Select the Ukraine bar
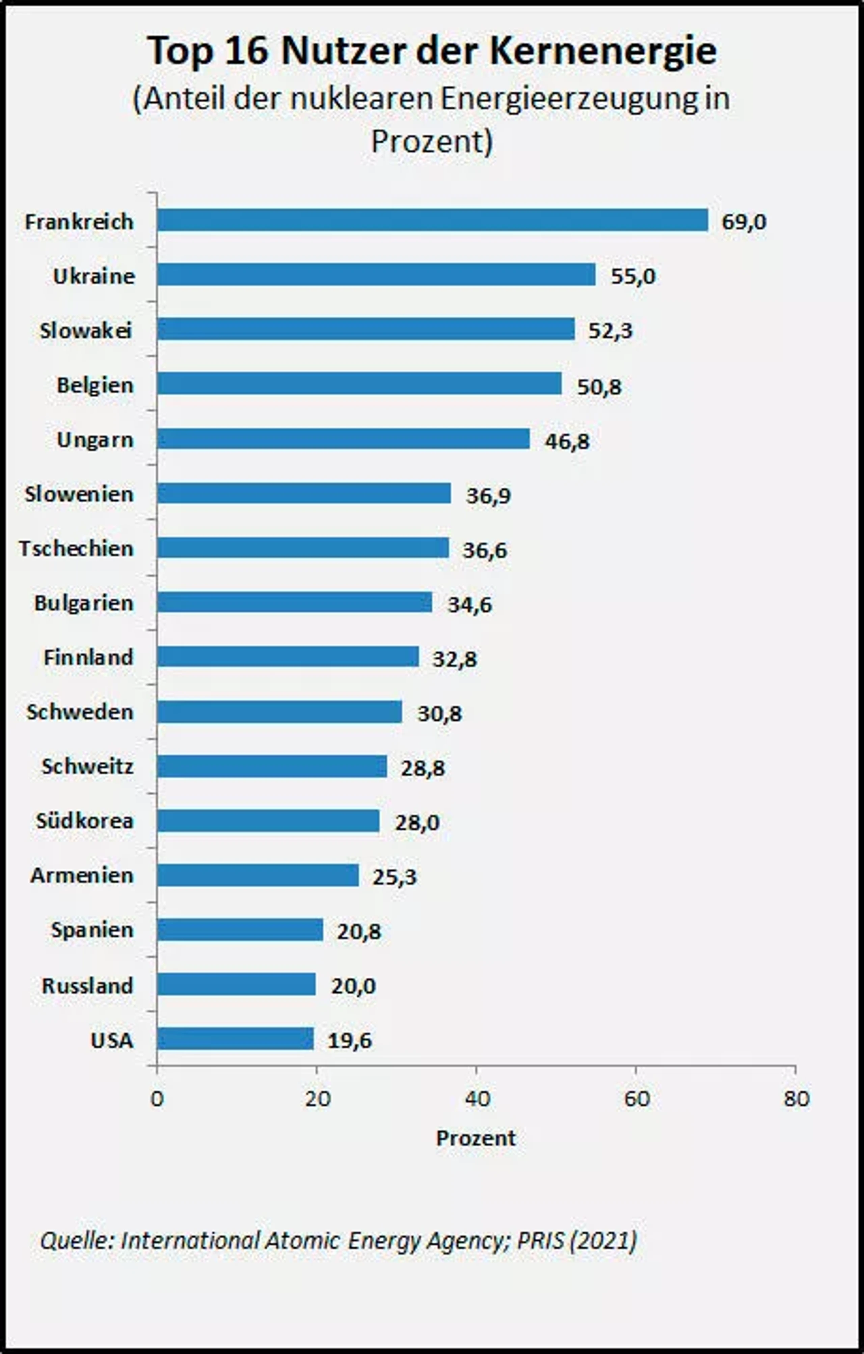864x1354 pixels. [376, 274]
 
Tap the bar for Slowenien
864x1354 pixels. [304, 493]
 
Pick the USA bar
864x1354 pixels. [235, 1039]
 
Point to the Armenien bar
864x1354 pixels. [258, 875]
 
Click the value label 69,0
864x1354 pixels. [744, 222]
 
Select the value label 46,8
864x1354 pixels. [567, 441]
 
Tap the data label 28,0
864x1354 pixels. [417, 823]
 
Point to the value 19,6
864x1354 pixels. [350, 1041]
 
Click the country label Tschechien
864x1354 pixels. [77, 548]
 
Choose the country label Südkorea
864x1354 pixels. [85, 821]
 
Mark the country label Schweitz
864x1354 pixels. [88, 766]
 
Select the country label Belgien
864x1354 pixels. [96, 386]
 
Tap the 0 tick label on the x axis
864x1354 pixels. [157, 1098]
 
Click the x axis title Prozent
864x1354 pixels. [476, 1138]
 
